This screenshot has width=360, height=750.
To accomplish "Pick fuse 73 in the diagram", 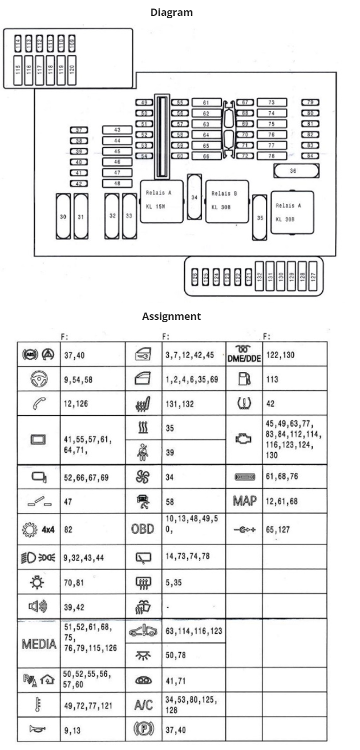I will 271,103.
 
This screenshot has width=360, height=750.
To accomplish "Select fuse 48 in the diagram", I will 117,183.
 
